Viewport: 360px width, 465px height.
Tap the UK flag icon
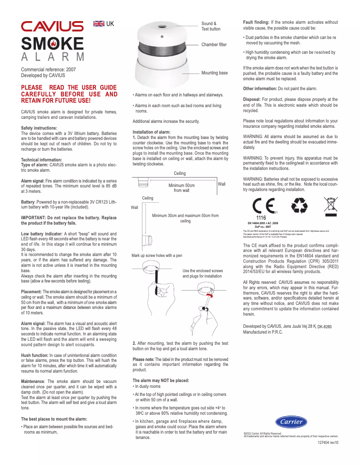coord(99,24)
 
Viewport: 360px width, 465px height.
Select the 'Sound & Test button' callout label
coord(211,26)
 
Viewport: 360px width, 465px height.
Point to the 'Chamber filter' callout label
coord(214,45)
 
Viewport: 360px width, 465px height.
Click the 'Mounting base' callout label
coord(214,73)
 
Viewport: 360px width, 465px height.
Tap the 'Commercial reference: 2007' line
coord(48,70)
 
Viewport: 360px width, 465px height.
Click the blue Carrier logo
coord(291,422)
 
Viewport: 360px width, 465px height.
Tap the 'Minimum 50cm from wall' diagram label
coord(181,187)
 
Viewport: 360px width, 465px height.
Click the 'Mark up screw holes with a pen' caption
coord(157,255)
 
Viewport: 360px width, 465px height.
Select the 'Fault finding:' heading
coord(256,22)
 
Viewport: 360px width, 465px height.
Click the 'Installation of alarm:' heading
coord(151,132)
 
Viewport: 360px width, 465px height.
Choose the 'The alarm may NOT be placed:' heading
coord(161,380)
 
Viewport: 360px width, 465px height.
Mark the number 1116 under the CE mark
coord(261,218)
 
